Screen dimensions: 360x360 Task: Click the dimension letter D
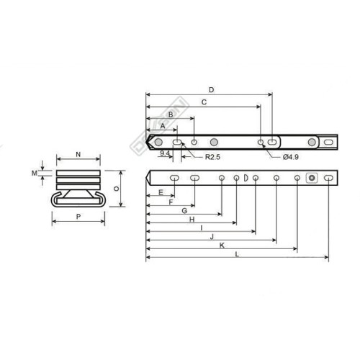pyautogui.click(x=210, y=90)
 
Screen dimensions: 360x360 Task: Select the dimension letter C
pyautogui.click(x=204, y=102)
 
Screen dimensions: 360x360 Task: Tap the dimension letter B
pyautogui.click(x=170, y=114)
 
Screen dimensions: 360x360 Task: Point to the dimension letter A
pyautogui.click(x=163, y=125)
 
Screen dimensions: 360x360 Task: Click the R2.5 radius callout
pyautogui.click(x=212, y=156)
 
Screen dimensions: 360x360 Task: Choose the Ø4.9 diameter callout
pyautogui.click(x=289, y=156)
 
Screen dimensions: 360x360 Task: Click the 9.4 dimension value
pyautogui.click(x=165, y=153)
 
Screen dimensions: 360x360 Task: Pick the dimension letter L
pyautogui.click(x=236, y=254)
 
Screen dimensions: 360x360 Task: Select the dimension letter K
pyautogui.click(x=221, y=245)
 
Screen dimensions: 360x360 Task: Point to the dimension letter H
pyautogui.click(x=192, y=219)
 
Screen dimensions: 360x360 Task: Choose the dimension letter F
pyautogui.click(x=170, y=202)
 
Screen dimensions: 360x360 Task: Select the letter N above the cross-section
pyautogui.click(x=77, y=156)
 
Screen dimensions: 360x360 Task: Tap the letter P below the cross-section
pyautogui.click(x=77, y=216)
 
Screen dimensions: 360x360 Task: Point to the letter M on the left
pyautogui.click(x=34, y=173)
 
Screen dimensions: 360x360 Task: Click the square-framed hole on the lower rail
pyautogui.click(x=312, y=178)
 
